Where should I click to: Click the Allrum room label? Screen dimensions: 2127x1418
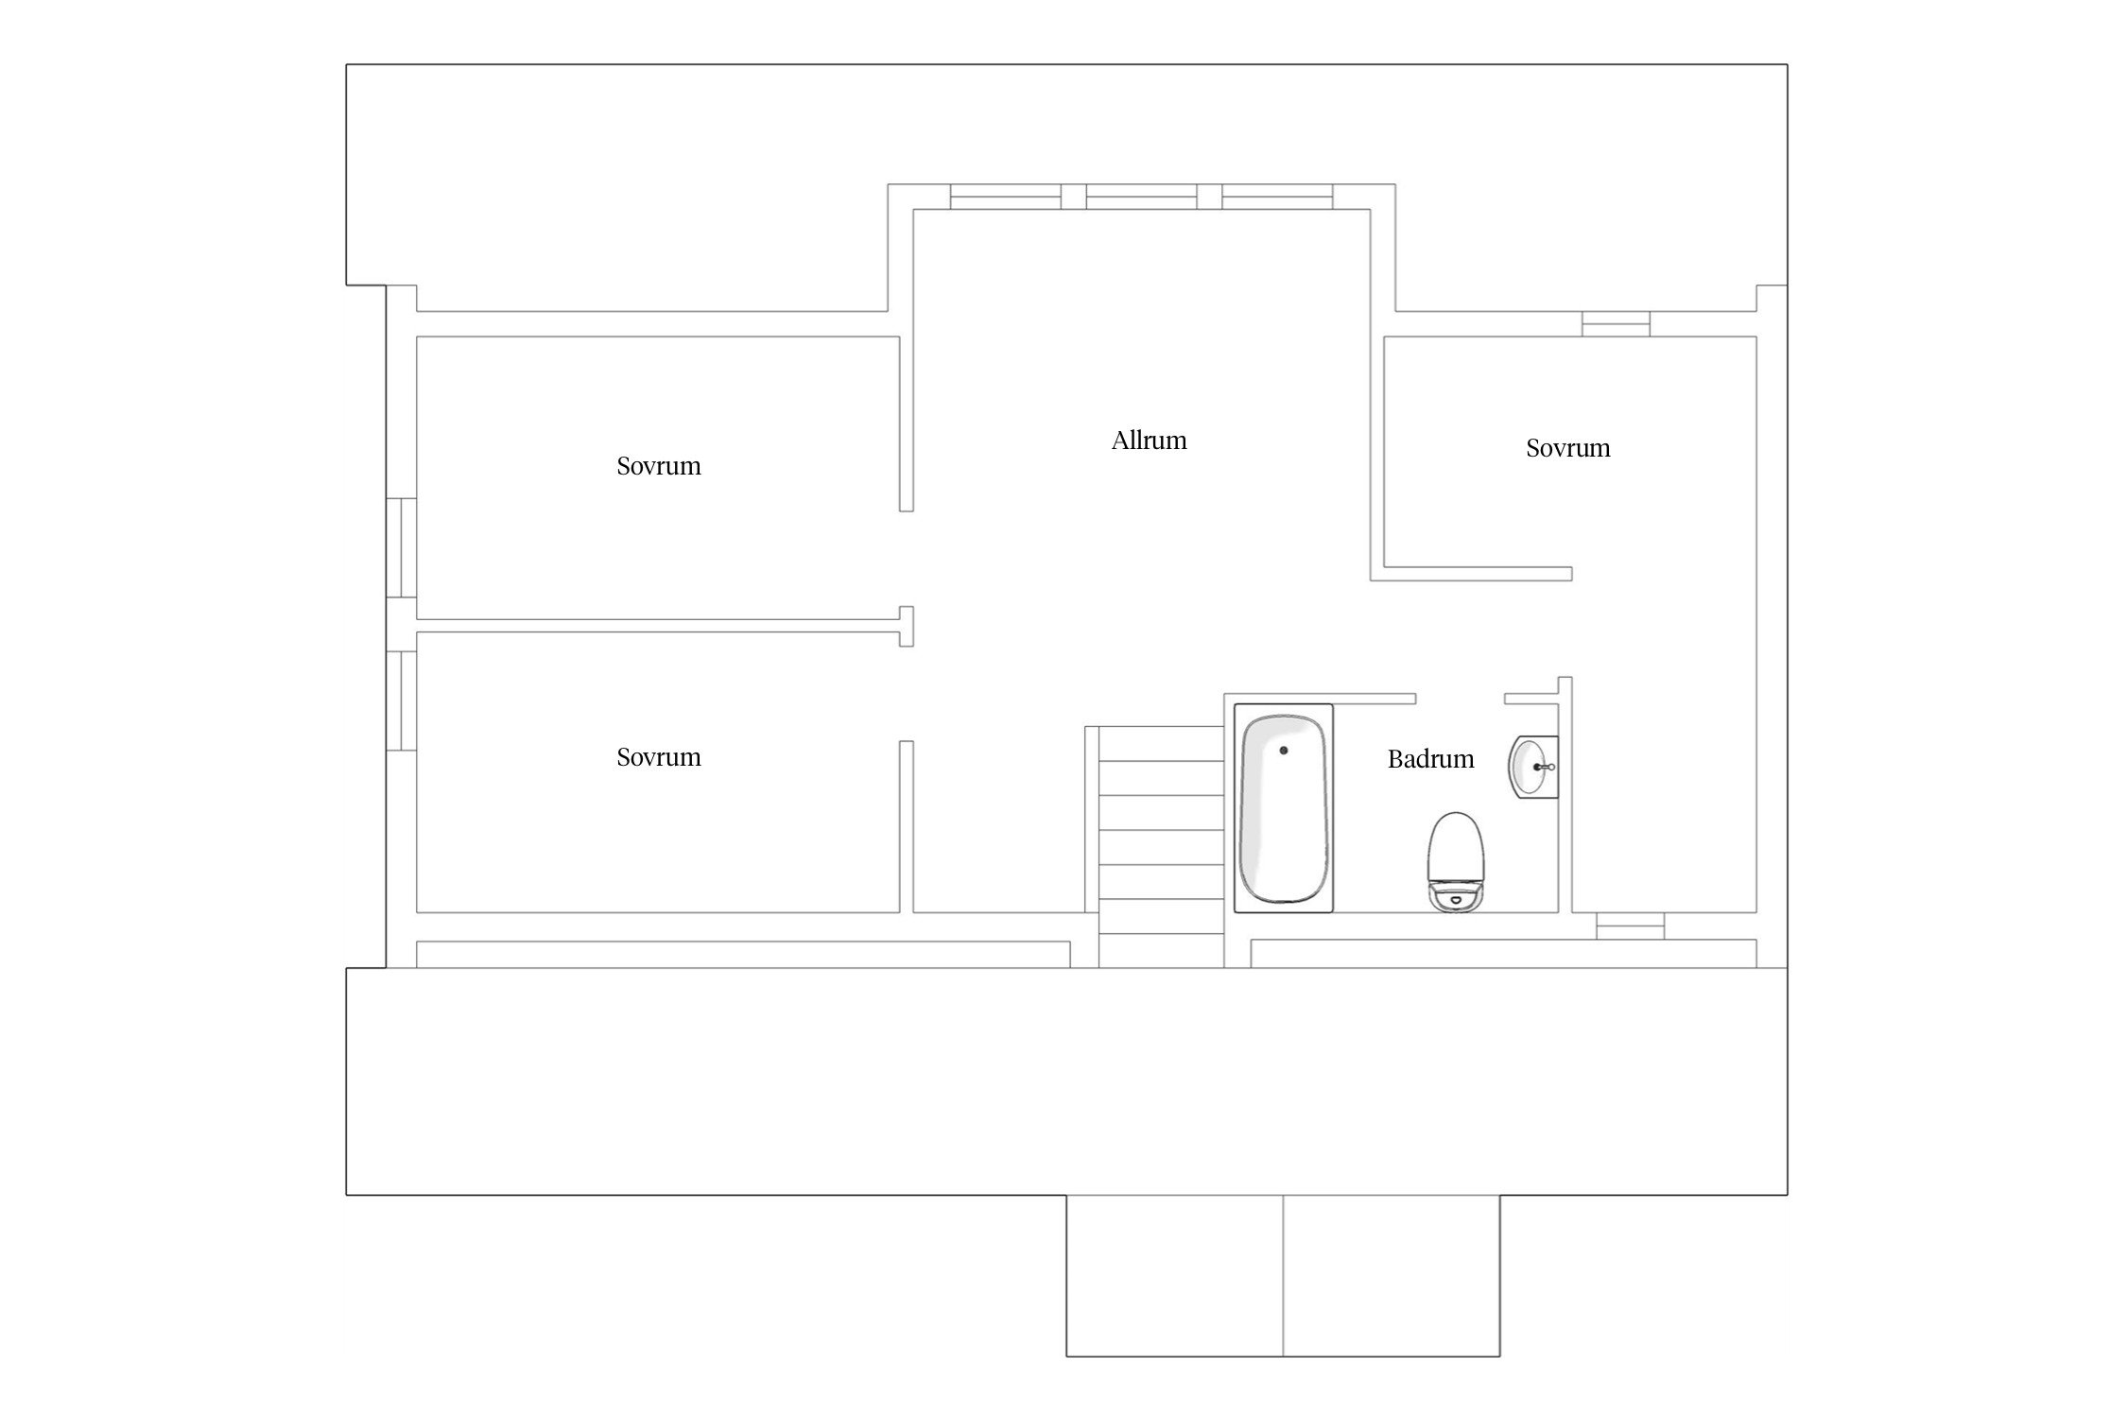1149,441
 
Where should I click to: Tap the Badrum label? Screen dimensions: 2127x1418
1430,759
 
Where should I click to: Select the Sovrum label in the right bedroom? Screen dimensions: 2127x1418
1567,448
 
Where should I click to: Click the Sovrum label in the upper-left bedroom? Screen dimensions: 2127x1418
659,466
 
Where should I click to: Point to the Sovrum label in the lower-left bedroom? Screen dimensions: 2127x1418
659,757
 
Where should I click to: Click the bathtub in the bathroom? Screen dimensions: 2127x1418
1284,808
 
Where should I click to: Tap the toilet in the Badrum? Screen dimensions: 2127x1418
1456,861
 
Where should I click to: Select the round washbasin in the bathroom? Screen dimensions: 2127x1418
1531,767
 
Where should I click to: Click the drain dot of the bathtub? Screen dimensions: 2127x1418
1284,751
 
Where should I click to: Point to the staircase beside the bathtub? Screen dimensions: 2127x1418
1161,846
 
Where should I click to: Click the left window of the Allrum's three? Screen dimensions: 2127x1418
1005,197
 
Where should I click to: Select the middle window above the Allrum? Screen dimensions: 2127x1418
1141,197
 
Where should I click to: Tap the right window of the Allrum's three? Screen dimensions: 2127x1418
1277,197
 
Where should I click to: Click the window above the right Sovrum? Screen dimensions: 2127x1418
1616,324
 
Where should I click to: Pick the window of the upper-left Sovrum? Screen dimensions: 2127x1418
402,548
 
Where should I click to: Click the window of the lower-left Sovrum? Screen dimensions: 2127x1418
402,700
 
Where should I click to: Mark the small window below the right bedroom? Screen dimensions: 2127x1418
1630,926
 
